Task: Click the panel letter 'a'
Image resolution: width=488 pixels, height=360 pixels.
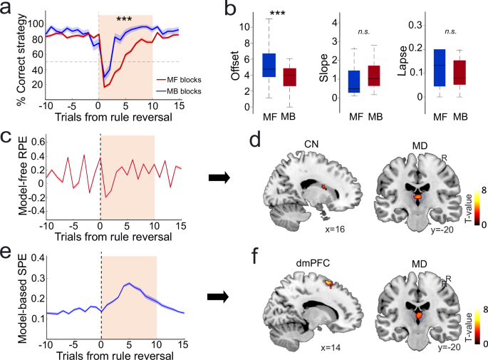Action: [x=10, y=9]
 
